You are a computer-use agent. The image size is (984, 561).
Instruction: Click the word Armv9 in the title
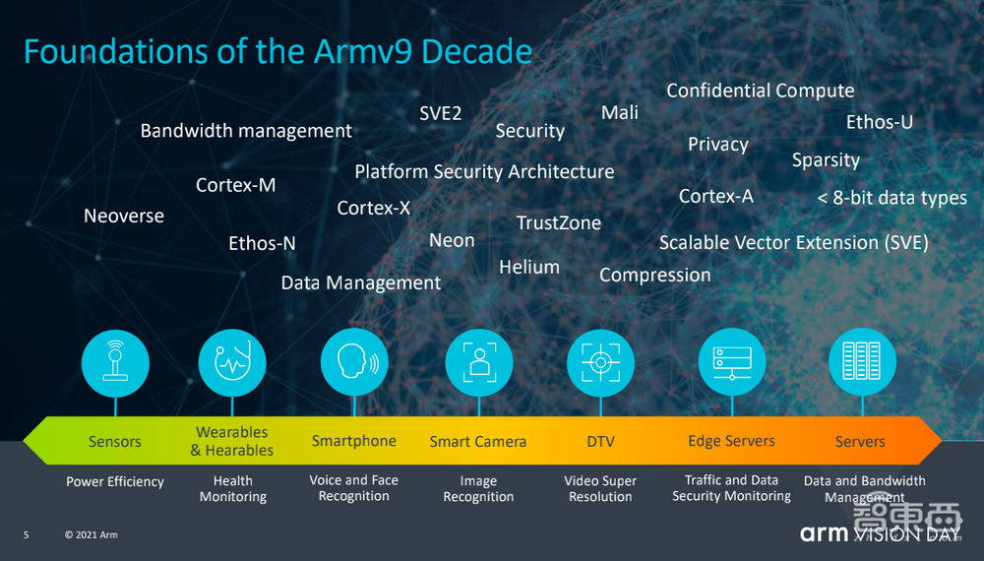tap(363, 51)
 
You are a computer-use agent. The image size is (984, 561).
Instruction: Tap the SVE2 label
tap(441, 113)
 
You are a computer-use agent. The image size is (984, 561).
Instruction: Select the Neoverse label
tap(124, 216)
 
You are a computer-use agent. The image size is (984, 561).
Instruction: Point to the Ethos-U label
tap(879, 122)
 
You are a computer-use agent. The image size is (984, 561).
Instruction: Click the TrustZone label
tap(559, 222)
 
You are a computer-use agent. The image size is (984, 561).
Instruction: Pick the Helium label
tap(529, 267)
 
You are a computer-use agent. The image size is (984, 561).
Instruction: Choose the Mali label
tap(619, 112)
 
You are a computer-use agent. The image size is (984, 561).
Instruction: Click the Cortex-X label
tap(373, 208)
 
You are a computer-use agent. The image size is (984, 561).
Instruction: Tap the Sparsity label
tap(826, 160)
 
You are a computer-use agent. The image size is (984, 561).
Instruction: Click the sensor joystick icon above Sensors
tap(115, 363)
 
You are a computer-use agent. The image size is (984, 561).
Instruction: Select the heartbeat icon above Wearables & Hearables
tap(232, 363)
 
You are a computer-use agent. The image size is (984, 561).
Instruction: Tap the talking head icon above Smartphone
tap(354, 362)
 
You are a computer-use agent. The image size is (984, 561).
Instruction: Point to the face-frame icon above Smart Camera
tap(479, 362)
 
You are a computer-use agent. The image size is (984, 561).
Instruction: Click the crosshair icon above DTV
tap(600, 362)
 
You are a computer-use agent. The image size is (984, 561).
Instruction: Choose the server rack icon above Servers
tap(862, 362)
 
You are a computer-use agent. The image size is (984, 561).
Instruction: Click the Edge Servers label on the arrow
tap(731, 441)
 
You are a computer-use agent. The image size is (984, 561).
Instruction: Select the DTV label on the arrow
tap(600, 442)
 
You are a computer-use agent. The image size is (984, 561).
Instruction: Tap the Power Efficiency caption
tap(115, 482)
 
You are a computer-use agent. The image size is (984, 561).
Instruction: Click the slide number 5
tap(27, 534)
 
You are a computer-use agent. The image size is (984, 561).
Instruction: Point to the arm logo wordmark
tap(824, 534)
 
